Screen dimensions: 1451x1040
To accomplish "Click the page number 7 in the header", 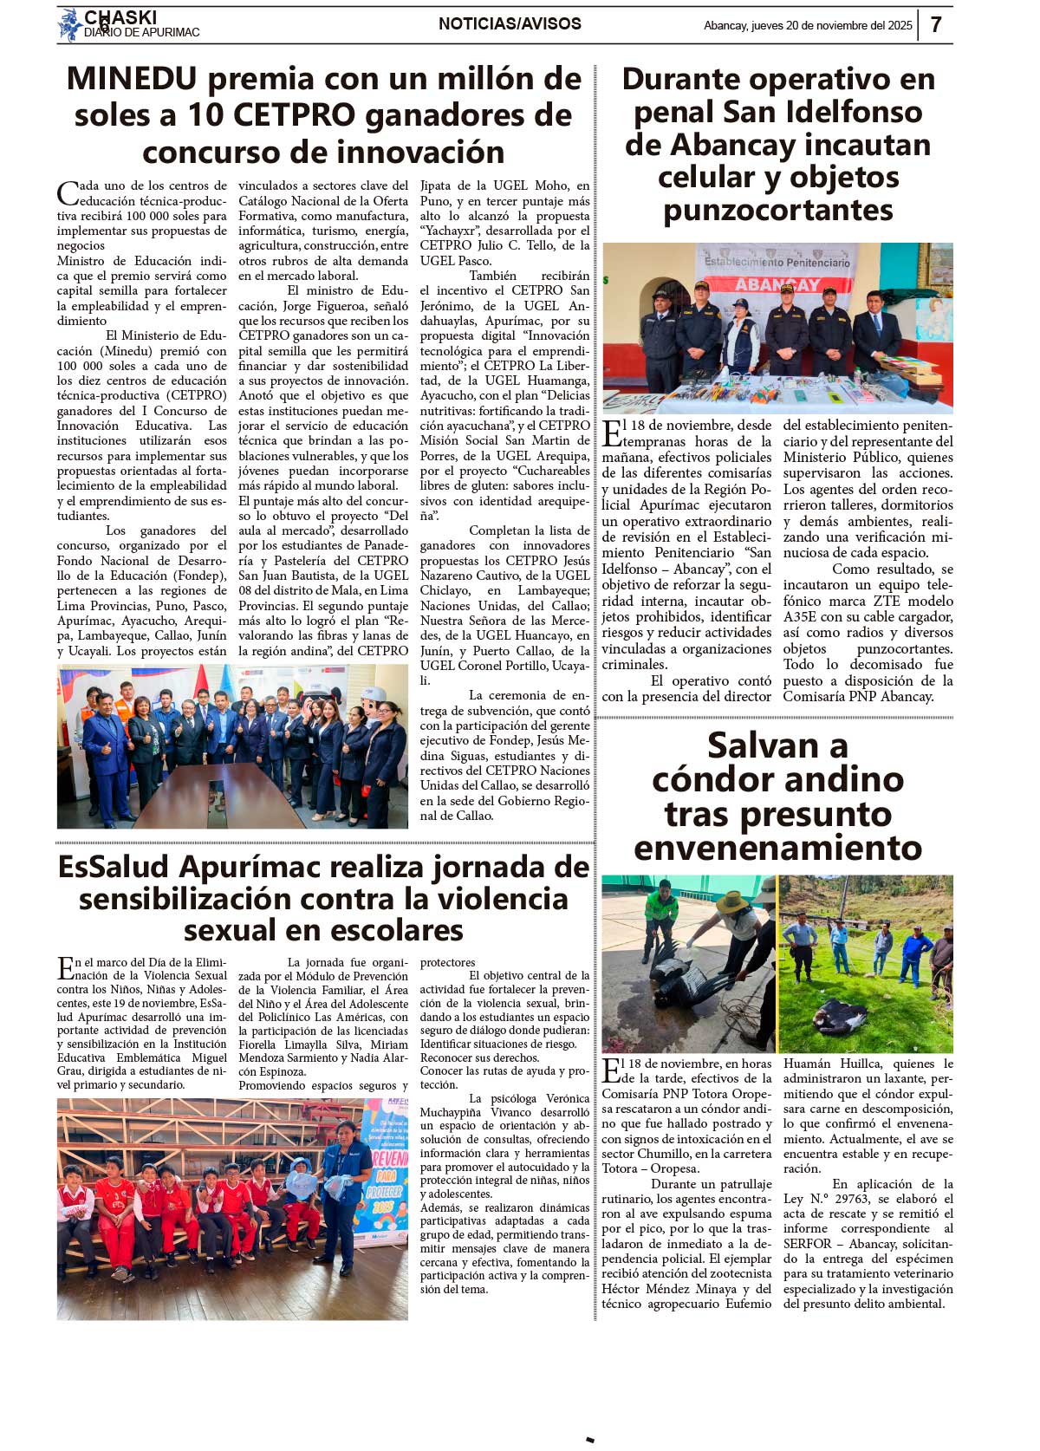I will coord(936,24).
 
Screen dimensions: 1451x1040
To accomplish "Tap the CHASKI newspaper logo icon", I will coord(69,24).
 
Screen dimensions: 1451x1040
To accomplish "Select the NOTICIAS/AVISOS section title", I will coord(510,24).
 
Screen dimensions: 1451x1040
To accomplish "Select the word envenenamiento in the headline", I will coord(777,848).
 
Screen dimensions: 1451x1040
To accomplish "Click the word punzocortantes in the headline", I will coord(777,211).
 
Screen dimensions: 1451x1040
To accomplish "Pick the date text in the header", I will coord(808,26).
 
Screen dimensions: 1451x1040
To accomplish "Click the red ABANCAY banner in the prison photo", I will coord(777,284).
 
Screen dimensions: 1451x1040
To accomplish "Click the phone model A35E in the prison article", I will coord(802,617).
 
